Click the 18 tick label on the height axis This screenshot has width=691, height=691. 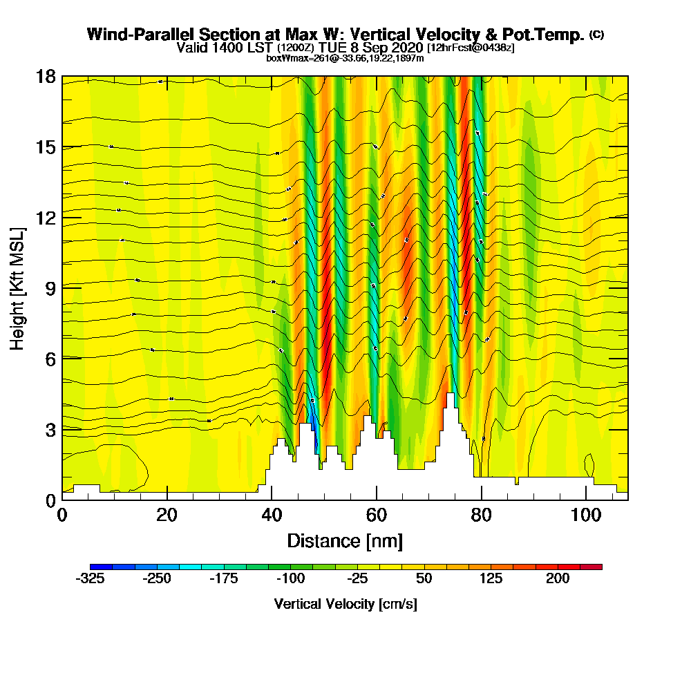[46, 76]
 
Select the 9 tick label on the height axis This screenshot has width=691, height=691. [50, 288]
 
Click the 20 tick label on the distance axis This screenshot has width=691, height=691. [167, 515]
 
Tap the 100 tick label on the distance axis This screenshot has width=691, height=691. [586, 515]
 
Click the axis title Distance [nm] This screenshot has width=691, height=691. [345, 540]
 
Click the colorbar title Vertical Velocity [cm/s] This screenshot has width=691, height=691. [345, 604]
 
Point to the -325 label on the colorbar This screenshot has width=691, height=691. [90, 579]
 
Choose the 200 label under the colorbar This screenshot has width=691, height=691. [558, 579]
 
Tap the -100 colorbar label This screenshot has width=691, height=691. [291, 579]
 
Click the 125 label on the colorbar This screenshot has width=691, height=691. [491, 579]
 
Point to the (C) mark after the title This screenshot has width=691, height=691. [596, 34]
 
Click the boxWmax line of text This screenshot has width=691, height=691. [345, 58]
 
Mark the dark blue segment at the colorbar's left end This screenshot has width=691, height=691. [101, 567]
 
